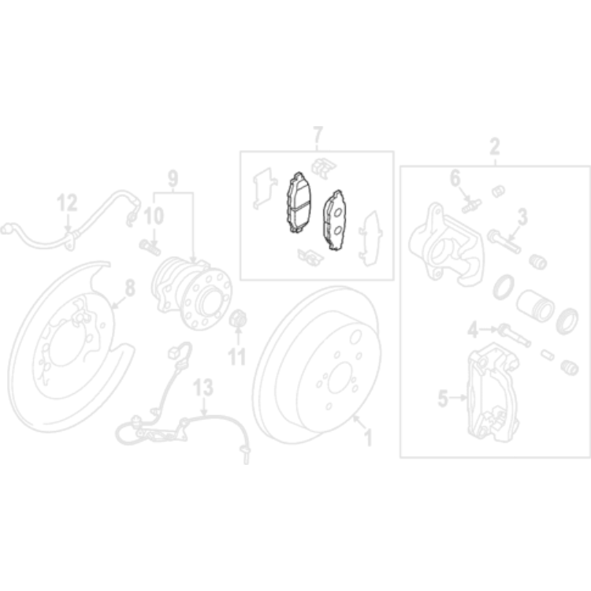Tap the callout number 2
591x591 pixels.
[495, 147]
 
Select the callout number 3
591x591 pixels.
[522, 217]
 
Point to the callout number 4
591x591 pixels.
[473, 329]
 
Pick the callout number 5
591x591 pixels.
[442, 400]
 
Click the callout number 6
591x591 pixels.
[455, 179]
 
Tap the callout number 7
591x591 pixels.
[318, 134]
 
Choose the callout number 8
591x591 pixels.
[129, 288]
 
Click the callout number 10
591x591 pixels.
[154, 214]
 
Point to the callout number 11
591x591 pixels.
[237, 356]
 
